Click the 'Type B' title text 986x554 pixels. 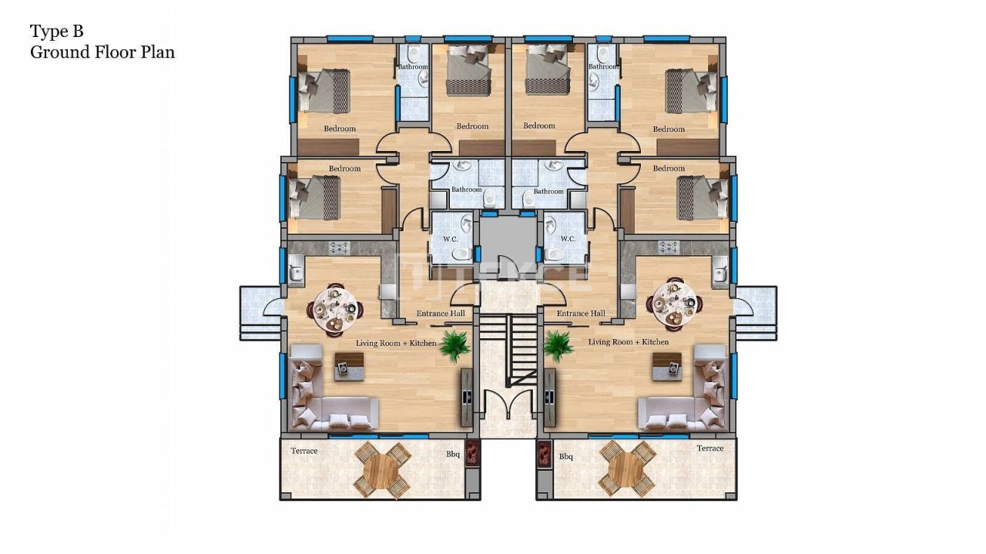point(56,32)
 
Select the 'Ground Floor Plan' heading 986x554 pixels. point(102,52)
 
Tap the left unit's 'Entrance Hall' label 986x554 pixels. point(441,314)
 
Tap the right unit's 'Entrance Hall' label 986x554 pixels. point(580,314)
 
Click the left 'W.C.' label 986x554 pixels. point(451,239)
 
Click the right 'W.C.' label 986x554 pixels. point(568,239)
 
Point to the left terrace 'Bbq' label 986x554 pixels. point(453,455)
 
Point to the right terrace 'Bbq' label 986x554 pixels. point(566,457)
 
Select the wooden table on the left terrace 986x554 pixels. point(382,468)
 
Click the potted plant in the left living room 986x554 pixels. point(455,345)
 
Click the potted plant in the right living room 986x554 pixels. point(558,345)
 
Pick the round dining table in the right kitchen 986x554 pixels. point(672,306)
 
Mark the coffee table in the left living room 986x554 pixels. point(348,365)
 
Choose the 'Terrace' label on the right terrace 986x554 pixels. point(709,448)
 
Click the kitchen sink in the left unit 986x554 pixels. point(295,272)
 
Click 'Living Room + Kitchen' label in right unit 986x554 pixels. point(629,342)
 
